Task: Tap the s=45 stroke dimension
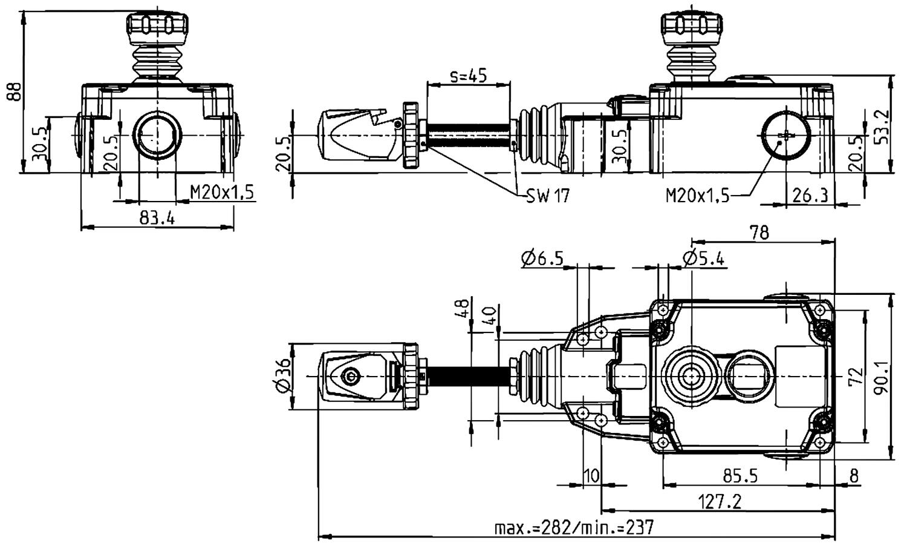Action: click(468, 76)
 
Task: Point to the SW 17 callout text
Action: click(547, 196)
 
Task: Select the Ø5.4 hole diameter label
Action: click(704, 259)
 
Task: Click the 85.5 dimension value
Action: click(740, 476)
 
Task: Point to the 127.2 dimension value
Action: click(720, 502)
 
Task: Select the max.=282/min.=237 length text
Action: click(574, 527)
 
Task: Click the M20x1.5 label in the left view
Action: click(223, 193)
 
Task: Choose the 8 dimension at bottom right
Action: click(853, 476)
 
